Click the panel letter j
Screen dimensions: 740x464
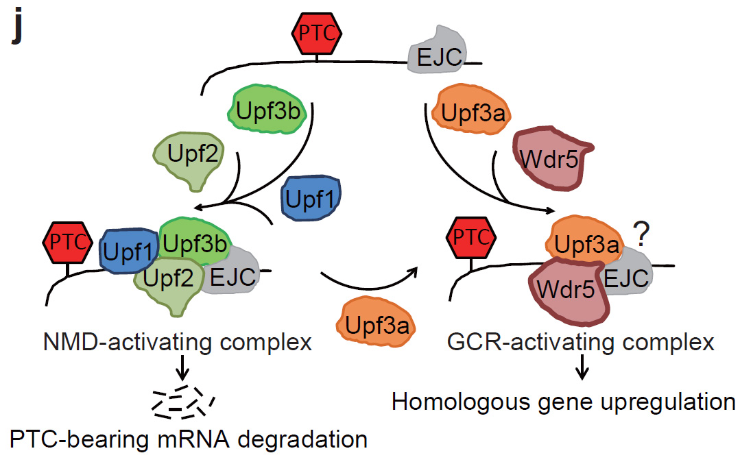click(17, 27)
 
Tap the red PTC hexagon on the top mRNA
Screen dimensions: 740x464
click(317, 34)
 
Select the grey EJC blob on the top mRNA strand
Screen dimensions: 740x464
click(437, 51)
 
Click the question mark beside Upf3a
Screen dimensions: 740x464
click(641, 234)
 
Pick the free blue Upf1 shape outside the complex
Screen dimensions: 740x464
click(311, 198)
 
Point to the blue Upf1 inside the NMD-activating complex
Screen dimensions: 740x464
click(128, 251)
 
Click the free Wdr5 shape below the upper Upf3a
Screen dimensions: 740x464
click(551, 158)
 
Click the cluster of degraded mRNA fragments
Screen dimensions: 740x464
click(182, 402)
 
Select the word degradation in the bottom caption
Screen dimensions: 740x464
click(302, 439)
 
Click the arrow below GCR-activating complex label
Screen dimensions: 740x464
click(582, 367)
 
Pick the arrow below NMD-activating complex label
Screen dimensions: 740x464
click(182, 367)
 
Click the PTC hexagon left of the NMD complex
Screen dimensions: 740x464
click(67, 243)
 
